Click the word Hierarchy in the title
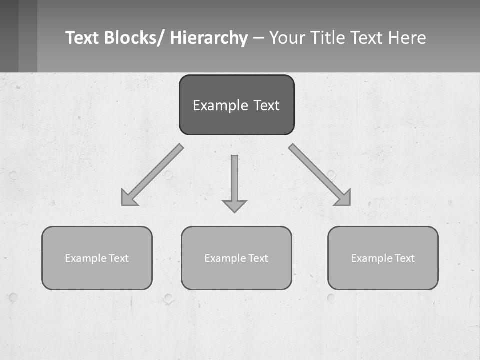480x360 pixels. pos(209,38)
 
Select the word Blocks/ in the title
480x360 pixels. pos(133,38)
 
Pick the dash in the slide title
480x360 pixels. pos(258,38)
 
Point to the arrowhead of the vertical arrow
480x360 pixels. pos(234,205)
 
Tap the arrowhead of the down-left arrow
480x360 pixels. pos(128,199)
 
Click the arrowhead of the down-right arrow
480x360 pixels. pos(344,198)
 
